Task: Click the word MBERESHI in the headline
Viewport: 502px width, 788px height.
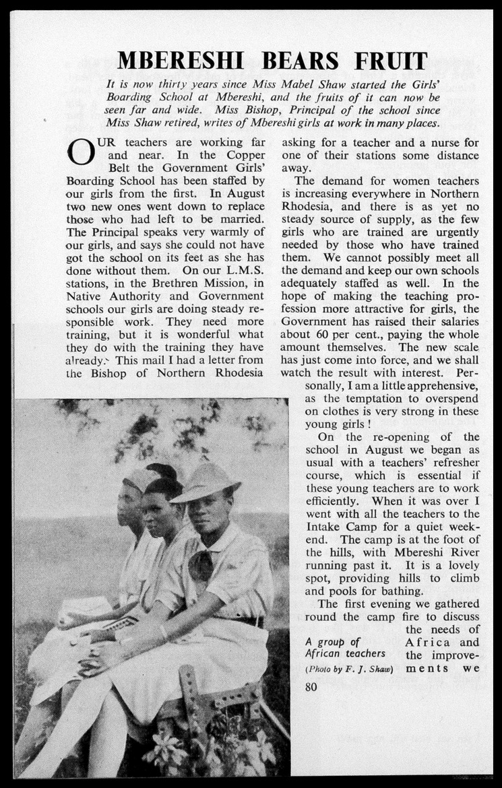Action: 180,61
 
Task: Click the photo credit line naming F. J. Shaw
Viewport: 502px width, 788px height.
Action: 349,669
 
